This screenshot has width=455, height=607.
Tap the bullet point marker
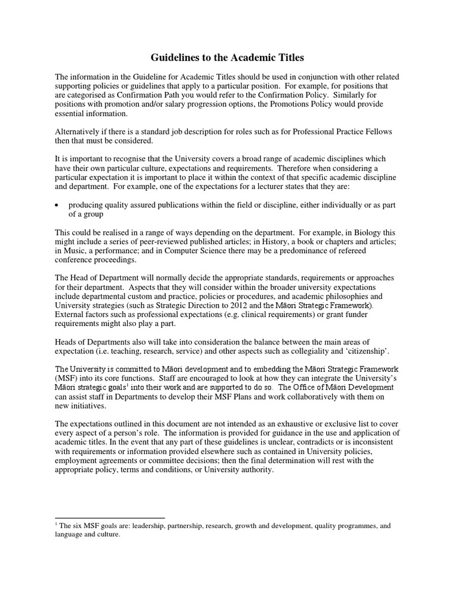(57, 205)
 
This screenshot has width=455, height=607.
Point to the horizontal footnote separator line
(110, 517)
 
